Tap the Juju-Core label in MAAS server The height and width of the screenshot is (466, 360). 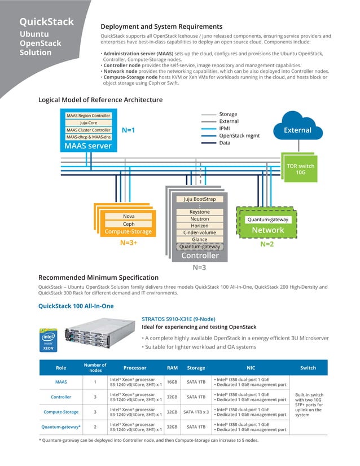pos(88,122)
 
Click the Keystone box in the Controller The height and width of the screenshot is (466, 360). pos(199,212)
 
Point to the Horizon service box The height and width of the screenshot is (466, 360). pos(199,226)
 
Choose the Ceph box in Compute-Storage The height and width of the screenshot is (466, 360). pos(129,224)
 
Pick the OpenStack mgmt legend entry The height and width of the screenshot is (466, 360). pos(239,136)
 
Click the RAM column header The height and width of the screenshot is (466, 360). pos(172,368)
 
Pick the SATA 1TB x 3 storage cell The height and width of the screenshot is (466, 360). pos(196,412)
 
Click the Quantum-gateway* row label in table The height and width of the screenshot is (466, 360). pos(61,427)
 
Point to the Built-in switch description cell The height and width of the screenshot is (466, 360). pos(308,405)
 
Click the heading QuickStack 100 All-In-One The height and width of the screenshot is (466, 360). pos(76,306)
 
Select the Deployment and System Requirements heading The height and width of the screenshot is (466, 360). pos(161,27)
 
